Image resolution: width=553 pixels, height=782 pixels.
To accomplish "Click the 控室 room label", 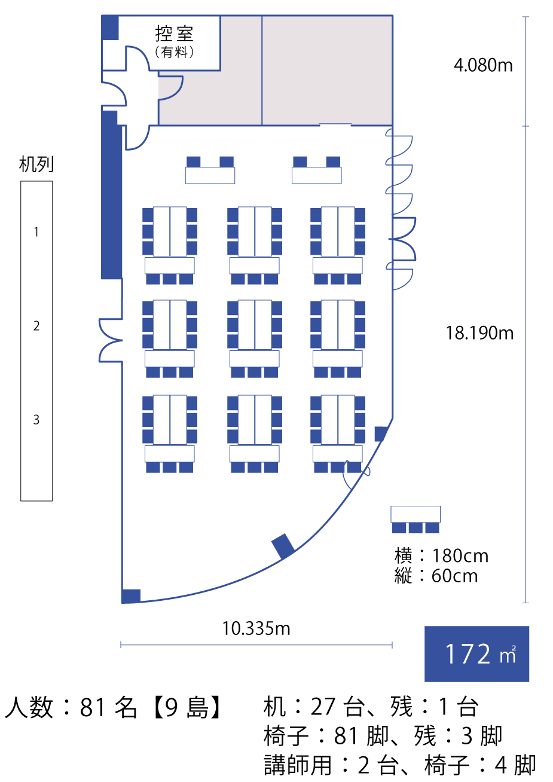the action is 174,34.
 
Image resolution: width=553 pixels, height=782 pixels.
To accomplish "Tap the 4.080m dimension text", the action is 483,65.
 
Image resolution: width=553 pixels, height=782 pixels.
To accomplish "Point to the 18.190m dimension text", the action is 479,333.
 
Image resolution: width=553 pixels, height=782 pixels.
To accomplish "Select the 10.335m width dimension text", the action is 256,629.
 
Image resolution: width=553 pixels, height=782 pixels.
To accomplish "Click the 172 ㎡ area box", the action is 476,653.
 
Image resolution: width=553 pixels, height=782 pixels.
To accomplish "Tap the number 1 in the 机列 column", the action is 36,232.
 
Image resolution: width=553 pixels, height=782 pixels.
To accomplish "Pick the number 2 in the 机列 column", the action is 36,326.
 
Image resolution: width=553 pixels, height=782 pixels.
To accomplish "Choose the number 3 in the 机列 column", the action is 36,420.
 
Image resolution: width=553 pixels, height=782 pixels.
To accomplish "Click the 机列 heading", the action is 36,164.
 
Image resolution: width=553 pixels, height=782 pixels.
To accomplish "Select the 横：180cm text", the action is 441,556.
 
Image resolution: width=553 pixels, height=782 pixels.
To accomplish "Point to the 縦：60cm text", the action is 436,576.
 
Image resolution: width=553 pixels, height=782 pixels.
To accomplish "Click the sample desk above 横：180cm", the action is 415,514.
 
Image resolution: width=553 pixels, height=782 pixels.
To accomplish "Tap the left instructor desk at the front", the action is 210,175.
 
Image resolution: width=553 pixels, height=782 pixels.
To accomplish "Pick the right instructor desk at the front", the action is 317,175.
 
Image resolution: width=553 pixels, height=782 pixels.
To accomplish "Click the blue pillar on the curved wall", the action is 283,546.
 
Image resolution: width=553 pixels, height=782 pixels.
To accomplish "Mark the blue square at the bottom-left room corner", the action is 131,596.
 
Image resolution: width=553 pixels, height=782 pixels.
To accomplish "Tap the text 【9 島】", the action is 187,708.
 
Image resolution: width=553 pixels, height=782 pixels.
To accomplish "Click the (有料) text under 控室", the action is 174,53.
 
